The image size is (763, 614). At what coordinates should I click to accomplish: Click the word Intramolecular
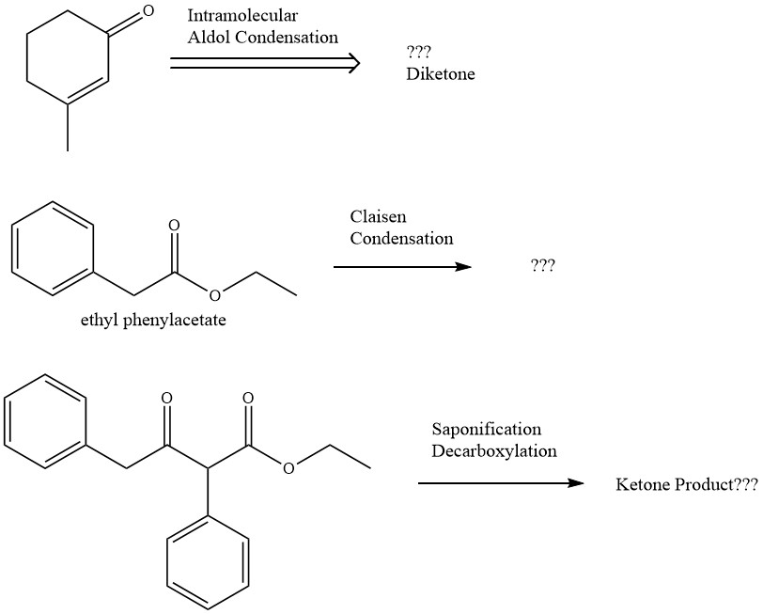[242, 16]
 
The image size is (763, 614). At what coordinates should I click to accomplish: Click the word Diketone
[440, 74]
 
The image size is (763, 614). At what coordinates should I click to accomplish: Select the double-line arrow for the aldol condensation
[265, 63]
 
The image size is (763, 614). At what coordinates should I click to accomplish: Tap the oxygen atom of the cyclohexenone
[146, 12]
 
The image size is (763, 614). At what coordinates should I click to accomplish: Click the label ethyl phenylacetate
[154, 320]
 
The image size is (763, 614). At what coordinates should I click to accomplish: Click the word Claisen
[378, 217]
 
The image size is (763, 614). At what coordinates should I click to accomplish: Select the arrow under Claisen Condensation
[401, 267]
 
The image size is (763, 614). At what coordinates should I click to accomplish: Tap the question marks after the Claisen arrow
[542, 266]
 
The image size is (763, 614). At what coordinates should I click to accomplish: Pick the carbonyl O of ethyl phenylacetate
[174, 226]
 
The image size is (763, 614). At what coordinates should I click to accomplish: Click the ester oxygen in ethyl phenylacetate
[215, 297]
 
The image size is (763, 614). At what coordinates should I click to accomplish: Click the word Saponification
[486, 430]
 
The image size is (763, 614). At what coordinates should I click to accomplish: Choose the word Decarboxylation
[493, 451]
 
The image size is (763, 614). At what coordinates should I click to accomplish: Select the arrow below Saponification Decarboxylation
[500, 483]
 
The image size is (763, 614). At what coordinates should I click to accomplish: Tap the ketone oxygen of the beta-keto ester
[166, 399]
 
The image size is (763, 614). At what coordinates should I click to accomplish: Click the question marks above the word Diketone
[418, 53]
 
